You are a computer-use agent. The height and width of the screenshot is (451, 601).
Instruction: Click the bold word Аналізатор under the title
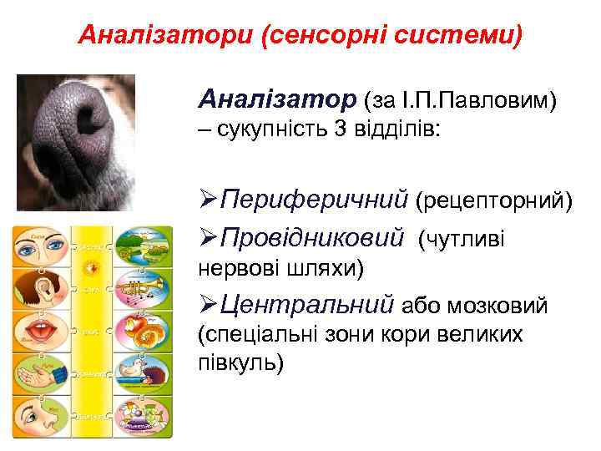(x=276, y=101)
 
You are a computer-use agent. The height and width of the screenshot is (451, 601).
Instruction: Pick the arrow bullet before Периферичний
(x=209, y=201)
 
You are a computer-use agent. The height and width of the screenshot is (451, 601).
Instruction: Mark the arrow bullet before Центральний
(x=209, y=307)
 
